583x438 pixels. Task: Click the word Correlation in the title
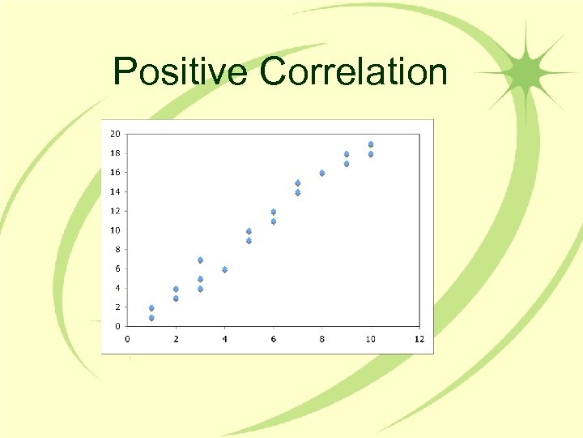point(354,71)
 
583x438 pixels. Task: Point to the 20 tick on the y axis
point(116,134)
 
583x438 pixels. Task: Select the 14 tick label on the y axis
point(116,191)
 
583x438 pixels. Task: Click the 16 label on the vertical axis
point(116,172)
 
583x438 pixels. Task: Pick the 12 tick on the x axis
point(419,339)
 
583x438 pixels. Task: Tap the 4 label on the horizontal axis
point(224,339)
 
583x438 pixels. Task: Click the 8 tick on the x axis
point(321,339)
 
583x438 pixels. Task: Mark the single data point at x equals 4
point(224,269)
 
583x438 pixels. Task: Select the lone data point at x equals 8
point(321,173)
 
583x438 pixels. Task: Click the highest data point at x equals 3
point(200,260)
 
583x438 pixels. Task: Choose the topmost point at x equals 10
point(371,144)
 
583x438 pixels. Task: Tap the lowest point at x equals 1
point(151,317)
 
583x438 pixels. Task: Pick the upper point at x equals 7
point(298,182)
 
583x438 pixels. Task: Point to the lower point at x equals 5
point(249,240)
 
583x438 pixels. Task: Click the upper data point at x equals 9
point(347,153)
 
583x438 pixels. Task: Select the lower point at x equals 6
point(274,221)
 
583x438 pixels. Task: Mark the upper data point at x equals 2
point(176,289)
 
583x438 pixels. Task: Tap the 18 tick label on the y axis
point(116,153)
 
